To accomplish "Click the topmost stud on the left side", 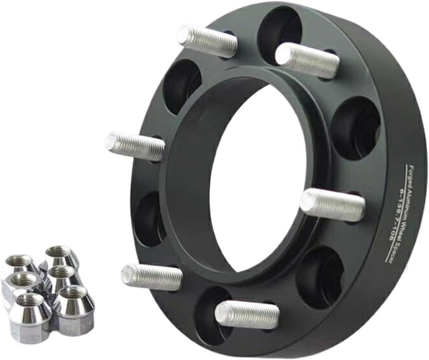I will (x=206, y=41).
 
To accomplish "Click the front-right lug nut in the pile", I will (x=73, y=305).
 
